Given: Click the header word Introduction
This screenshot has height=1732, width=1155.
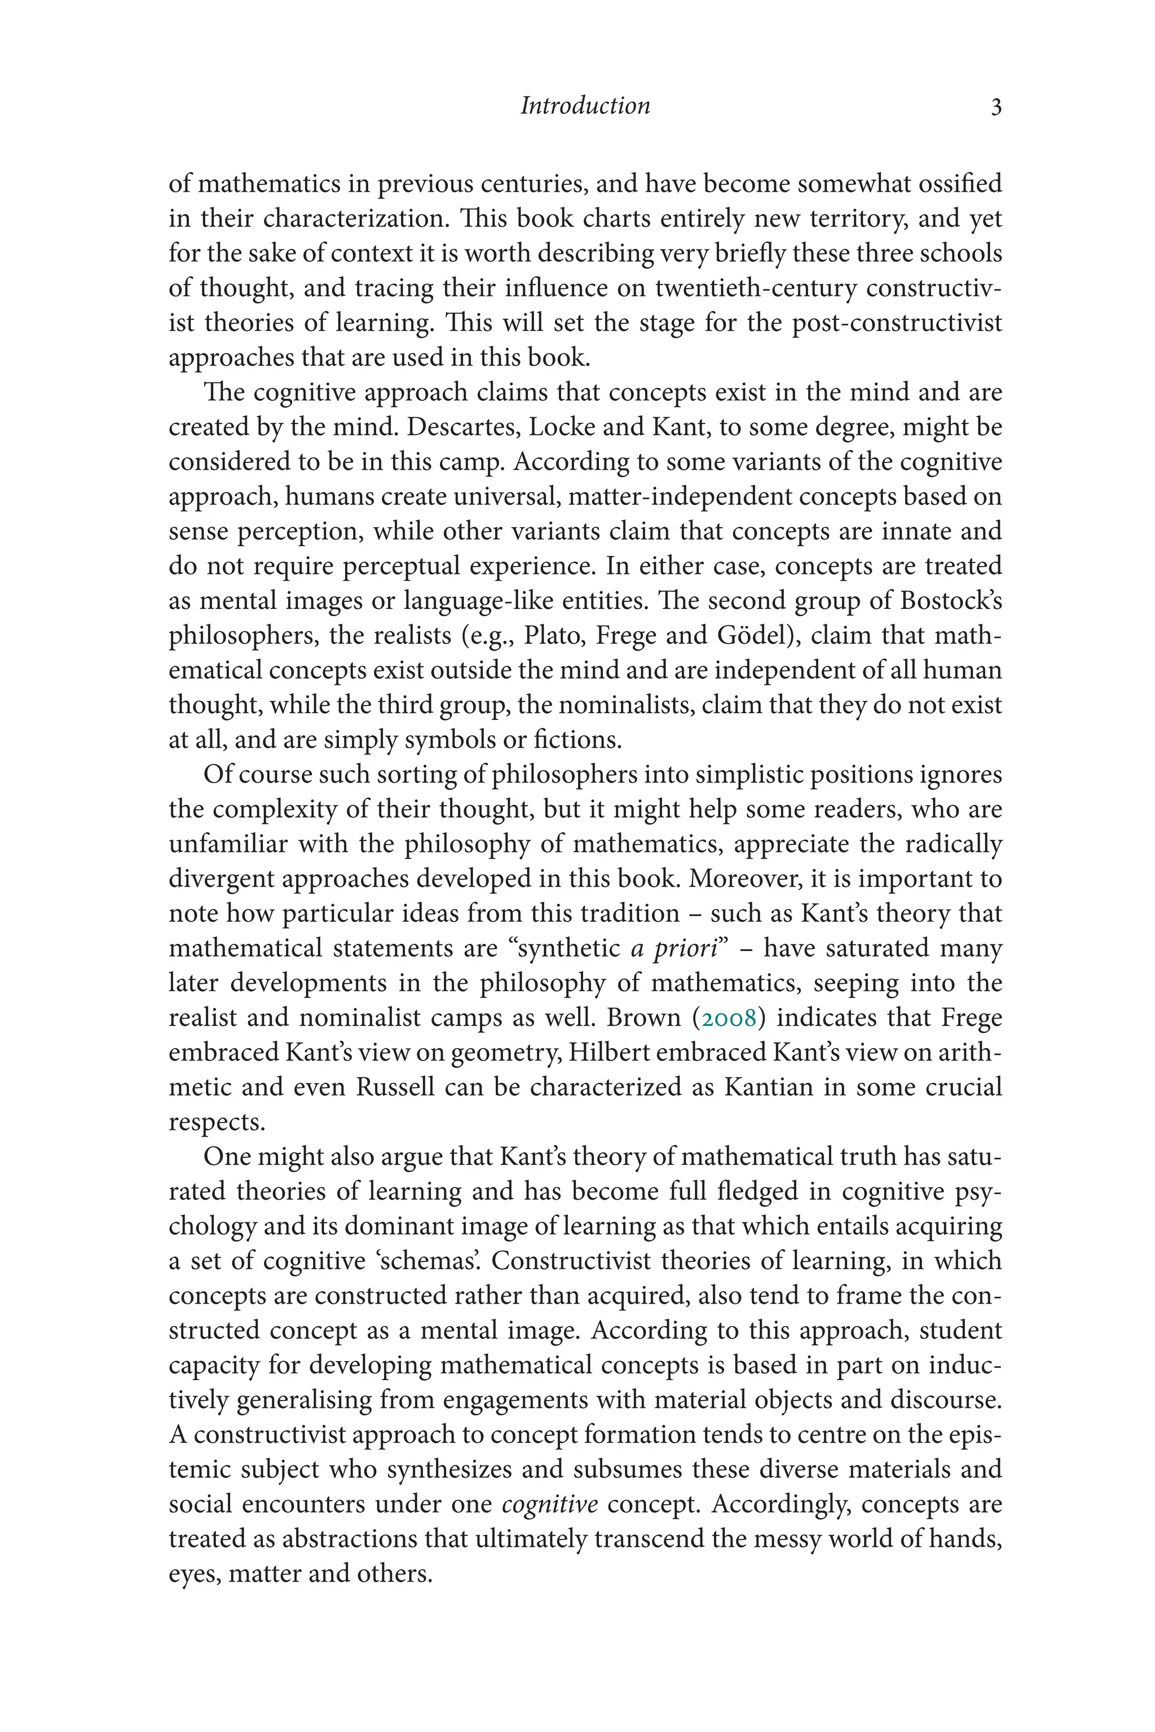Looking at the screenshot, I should click(x=585, y=106).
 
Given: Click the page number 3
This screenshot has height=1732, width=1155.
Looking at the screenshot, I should click(x=996, y=108).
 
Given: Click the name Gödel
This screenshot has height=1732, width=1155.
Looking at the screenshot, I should click(x=757, y=635).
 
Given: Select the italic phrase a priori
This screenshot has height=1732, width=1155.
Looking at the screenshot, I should click(x=674, y=948).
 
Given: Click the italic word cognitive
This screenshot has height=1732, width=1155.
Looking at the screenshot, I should click(x=549, y=1504).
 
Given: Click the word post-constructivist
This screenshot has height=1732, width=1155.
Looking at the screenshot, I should click(x=897, y=323).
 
